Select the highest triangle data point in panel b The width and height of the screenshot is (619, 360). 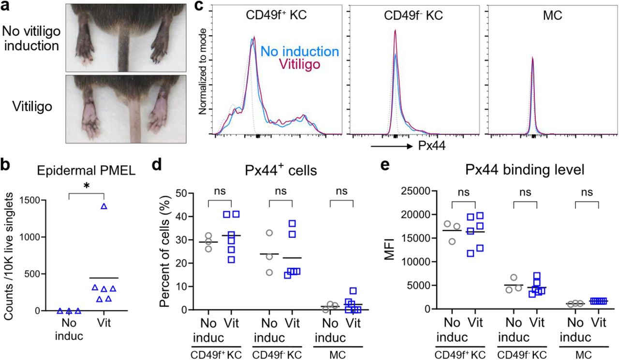click(103, 207)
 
